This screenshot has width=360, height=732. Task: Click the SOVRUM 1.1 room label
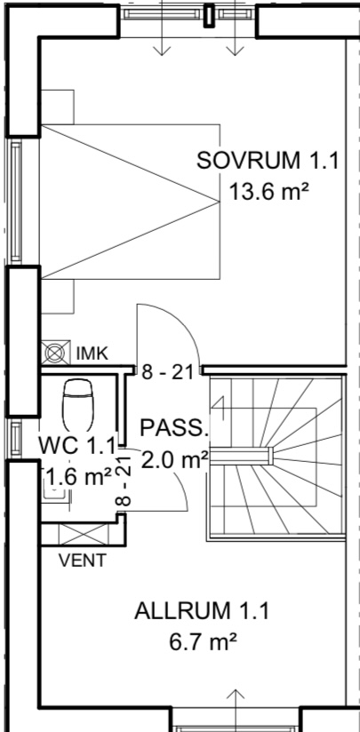click(267, 161)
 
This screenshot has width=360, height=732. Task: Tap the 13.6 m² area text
click(269, 192)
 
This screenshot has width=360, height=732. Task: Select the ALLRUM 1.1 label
click(202, 611)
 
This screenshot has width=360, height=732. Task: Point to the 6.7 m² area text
click(203, 642)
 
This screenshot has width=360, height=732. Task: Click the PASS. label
click(173, 428)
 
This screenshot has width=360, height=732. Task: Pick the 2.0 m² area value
click(174, 460)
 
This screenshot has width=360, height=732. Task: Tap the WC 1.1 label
click(76, 446)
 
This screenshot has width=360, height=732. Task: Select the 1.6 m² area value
click(78, 477)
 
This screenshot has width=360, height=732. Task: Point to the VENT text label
click(83, 561)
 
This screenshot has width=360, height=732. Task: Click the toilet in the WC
click(77, 405)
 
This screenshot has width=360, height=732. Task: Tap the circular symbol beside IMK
click(56, 353)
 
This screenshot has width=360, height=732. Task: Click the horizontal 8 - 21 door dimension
click(167, 373)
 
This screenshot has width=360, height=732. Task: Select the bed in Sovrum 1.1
click(131, 202)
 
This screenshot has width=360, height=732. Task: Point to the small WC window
click(15, 439)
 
